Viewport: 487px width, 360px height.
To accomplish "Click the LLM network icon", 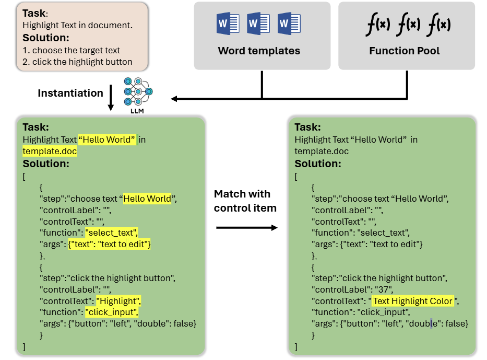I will click(138, 92).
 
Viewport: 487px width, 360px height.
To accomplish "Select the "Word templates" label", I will click(259, 51).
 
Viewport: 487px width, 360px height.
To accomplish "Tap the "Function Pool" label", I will click(405, 51).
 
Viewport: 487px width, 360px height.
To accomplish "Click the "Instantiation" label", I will click(70, 93).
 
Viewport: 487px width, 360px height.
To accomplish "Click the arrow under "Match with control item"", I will click(246, 227).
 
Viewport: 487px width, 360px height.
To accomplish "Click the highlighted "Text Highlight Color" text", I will click(413, 301).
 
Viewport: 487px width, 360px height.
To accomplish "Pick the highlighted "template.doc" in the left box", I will click(50, 151).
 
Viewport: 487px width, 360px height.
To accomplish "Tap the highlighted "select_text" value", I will click(112, 233).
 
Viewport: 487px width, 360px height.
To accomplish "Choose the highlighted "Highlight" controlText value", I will click(118, 301).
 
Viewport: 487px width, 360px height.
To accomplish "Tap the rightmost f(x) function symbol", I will click(438, 25).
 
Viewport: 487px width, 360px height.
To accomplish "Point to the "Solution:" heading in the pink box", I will click(46, 38).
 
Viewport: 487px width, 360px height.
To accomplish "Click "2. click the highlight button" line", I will click(77, 62).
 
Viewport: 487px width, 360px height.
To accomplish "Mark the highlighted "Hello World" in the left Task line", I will click(107, 140).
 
